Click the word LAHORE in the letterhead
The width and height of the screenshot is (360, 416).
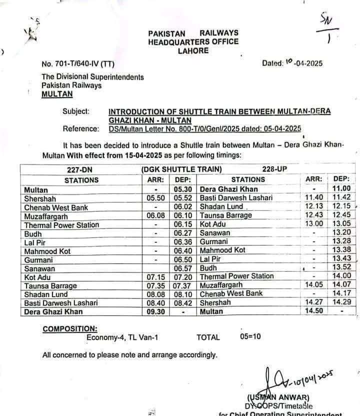click(x=192, y=51)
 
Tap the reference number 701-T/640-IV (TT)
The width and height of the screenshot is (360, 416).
click(x=78, y=64)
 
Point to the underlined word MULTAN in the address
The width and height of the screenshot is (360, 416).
click(x=57, y=94)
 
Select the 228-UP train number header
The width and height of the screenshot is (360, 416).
click(x=274, y=170)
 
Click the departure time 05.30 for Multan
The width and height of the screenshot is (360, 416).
click(x=183, y=190)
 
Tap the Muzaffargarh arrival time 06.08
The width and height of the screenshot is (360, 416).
click(x=156, y=216)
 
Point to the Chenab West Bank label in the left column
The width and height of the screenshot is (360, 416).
click(x=56, y=208)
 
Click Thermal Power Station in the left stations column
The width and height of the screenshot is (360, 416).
click(x=61, y=225)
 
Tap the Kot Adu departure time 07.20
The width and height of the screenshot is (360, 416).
click(x=183, y=277)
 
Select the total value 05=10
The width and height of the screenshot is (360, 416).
click(x=250, y=336)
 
